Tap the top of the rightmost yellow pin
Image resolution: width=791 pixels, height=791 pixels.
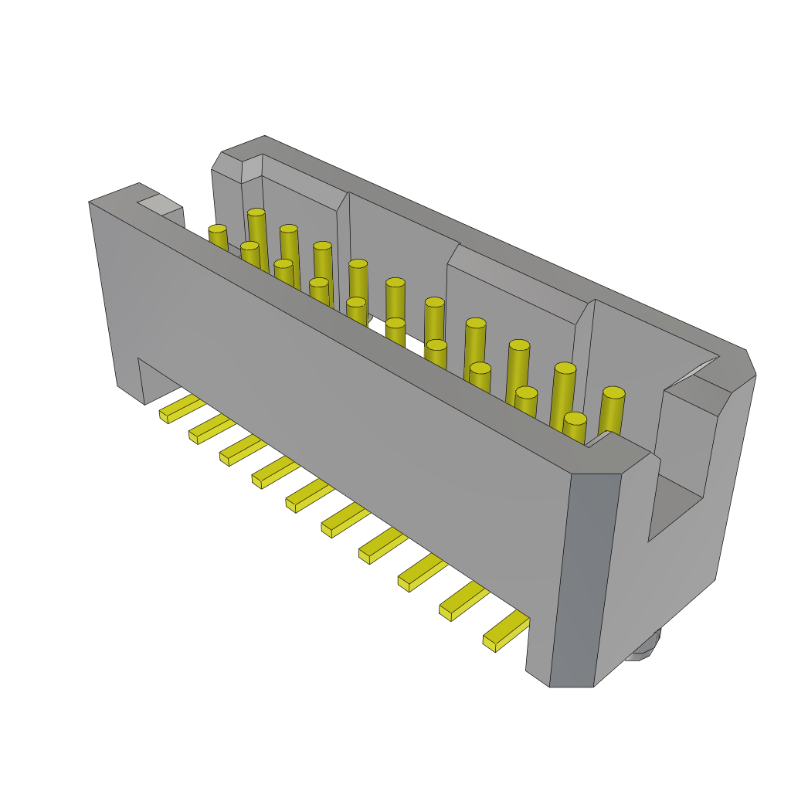pyautogui.click(x=613, y=392)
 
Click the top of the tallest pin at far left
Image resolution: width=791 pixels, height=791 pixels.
pyautogui.click(x=256, y=212)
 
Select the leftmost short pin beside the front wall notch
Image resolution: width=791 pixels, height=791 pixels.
pyautogui.click(x=218, y=229)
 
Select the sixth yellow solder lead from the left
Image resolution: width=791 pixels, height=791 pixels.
pyautogui.click(x=345, y=520)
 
